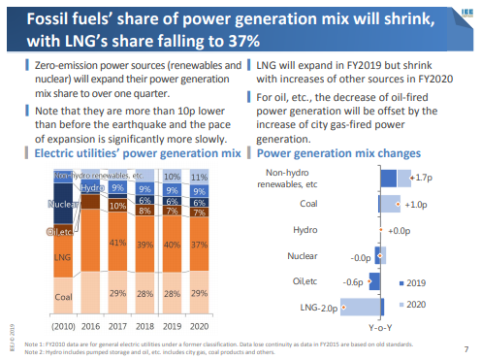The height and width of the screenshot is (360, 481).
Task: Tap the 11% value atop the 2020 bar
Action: pos(198,178)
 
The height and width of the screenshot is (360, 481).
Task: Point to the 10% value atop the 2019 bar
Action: pos(171,178)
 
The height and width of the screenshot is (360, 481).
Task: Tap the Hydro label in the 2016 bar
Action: pos(91,188)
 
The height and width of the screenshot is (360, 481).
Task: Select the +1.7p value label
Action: pos(421,179)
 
